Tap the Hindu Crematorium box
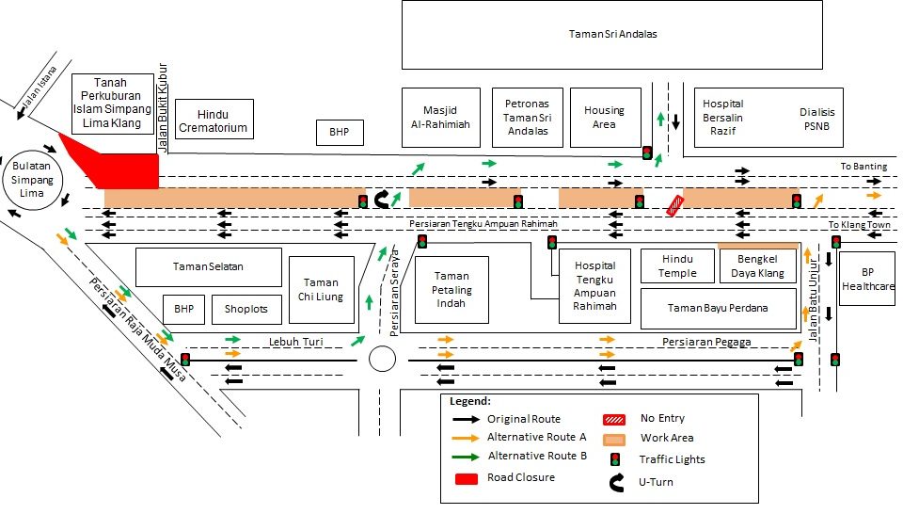point(214,120)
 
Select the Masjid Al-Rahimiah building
point(439,117)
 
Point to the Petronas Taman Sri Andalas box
point(527,117)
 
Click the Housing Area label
point(604,117)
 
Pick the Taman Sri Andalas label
point(612,34)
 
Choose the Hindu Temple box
point(677,265)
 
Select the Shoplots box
point(246,309)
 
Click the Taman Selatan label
point(209,266)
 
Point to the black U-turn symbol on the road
point(385,199)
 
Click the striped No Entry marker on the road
point(675,206)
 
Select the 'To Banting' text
point(863,167)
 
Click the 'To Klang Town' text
point(859,226)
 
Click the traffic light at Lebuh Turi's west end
point(185,359)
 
